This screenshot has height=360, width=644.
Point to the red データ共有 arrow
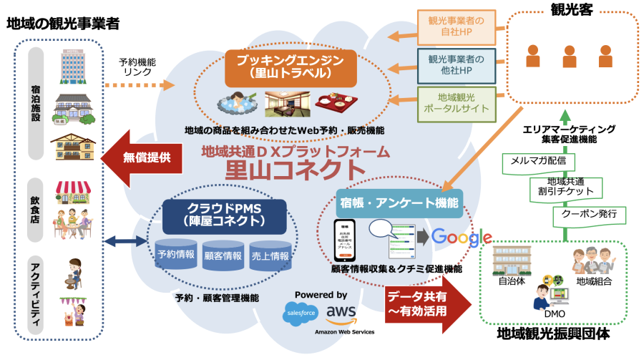426,303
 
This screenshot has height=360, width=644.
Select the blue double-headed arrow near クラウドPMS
124,242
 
